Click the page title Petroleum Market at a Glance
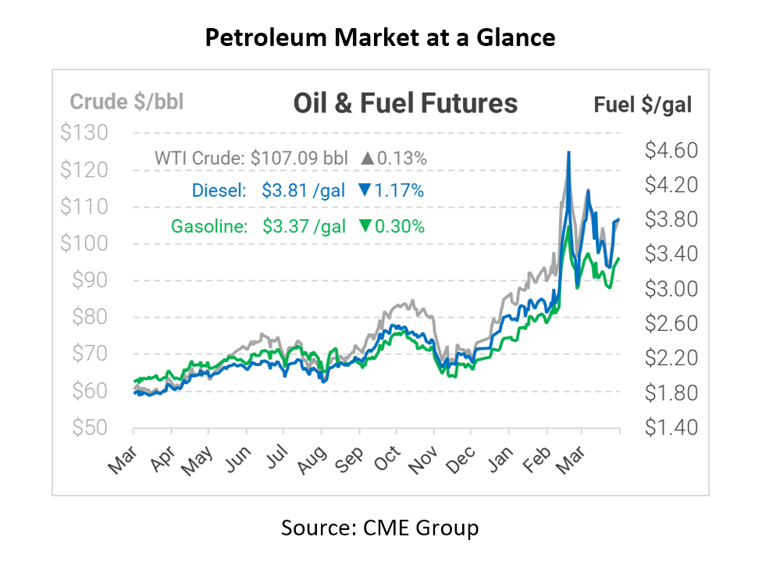(x=380, y=37)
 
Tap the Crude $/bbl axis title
(x=126, y=101)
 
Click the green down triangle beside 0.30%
(x=365, y=226)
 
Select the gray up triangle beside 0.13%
(x=367, y=158)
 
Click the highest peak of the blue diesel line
(x=568, y=153)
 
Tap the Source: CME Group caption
(x=380, y=528)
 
